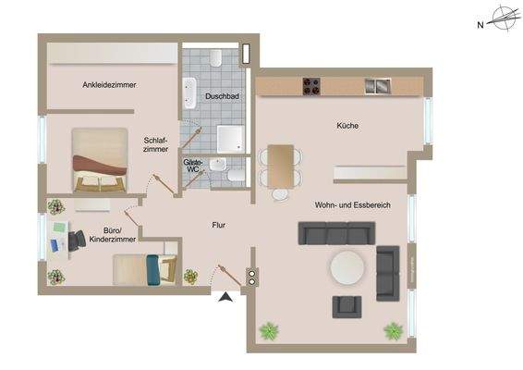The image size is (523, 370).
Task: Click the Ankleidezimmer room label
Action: click(109, 85)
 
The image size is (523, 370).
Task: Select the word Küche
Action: click(347, 126)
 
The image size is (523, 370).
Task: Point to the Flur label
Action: click(218, 225)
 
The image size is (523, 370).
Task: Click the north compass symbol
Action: click(503, 18)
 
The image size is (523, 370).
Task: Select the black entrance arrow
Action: click(224, 297)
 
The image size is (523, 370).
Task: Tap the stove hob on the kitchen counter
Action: click(311, 87)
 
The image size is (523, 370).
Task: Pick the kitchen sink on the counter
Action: click(377, 87)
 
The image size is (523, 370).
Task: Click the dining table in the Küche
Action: click(281, 159)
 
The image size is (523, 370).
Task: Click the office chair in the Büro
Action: click(76, 240)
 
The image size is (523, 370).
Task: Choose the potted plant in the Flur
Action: click(190, 276)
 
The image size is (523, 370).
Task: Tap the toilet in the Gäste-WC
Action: click(236, 174)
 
